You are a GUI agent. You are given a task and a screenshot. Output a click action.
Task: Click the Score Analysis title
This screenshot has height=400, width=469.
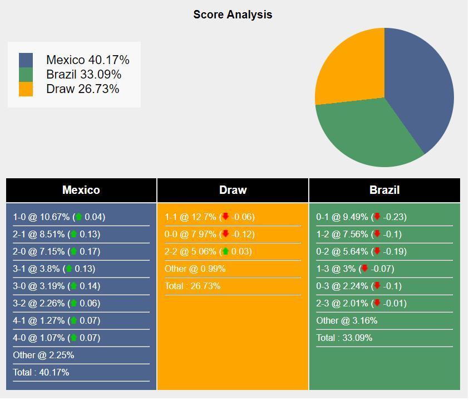point(233,14)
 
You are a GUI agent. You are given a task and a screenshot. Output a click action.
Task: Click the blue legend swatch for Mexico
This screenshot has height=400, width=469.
point(26,60)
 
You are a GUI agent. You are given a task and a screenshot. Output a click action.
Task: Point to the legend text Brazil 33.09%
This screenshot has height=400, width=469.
point(83,75)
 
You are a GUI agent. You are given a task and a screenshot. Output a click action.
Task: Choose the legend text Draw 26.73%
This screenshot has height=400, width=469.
point(82,89)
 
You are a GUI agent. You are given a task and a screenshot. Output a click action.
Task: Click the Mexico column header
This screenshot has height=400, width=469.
point(81,190)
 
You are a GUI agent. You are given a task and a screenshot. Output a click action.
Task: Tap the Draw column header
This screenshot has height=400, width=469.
point(233,190)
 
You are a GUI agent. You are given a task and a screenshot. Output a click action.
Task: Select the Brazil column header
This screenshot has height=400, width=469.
point(384,190)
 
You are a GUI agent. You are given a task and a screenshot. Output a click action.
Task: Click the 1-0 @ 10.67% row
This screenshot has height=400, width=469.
point(59,217)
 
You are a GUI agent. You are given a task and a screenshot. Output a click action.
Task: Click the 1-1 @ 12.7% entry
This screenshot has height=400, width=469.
point(209,217)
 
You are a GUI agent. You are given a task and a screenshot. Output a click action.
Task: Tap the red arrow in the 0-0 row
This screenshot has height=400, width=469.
point(225,234)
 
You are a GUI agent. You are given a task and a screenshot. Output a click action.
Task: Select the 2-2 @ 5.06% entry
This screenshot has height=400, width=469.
point(208,251)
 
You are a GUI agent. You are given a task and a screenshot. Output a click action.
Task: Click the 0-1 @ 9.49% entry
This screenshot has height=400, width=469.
point(361,217)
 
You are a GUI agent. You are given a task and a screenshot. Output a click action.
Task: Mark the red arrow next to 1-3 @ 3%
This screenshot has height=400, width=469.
point(364,269)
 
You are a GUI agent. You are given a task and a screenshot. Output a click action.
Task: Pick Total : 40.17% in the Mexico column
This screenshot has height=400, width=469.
point(41,372)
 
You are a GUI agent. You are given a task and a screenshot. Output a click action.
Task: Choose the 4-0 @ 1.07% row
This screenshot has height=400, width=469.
point(57,338)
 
